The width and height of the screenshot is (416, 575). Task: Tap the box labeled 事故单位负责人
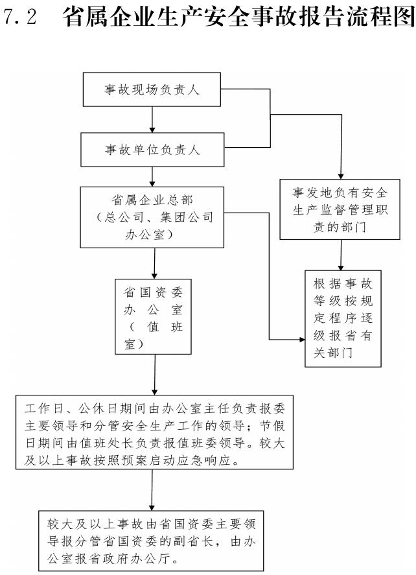tap(152, 150)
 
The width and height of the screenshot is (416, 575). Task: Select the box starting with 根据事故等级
tap(343, 318)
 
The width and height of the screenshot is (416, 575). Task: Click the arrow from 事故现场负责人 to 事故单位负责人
tap(152, 121)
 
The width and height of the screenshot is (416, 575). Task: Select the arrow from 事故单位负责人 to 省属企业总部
tap(152, 176)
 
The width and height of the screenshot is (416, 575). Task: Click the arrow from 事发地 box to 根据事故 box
tap(341, 254)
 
